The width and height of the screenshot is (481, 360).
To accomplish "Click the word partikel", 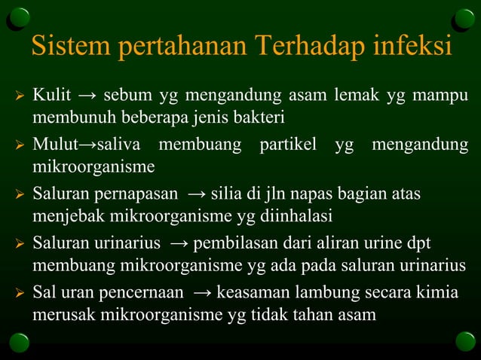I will pos(289,143).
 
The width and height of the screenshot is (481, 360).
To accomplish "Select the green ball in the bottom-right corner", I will pos(465,341).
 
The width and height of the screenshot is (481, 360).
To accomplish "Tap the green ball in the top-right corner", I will pos(464,17).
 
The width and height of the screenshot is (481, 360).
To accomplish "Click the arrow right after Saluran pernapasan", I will pos(195,194).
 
